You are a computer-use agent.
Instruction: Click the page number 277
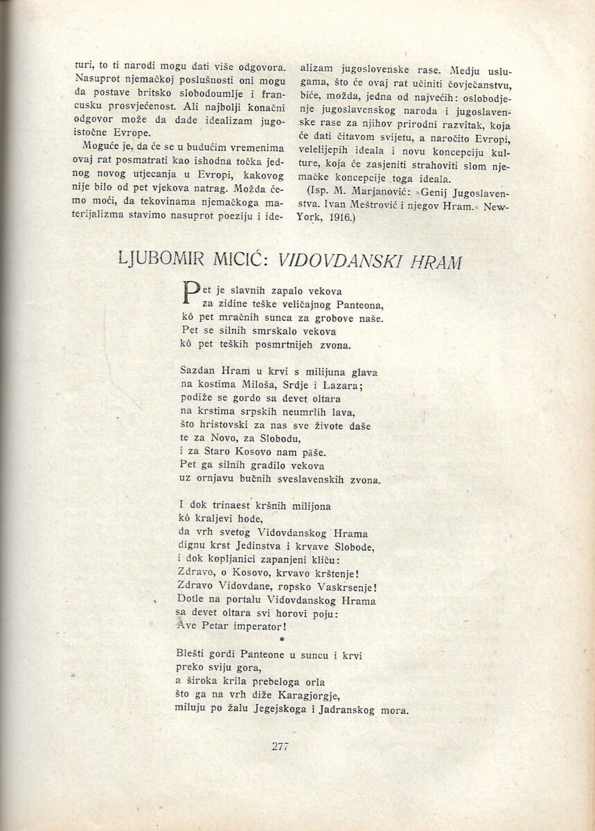coord(280,746)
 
